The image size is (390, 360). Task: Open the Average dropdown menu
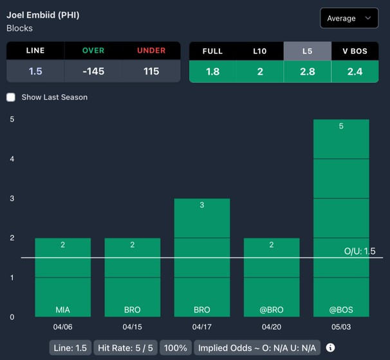tap(349, 18)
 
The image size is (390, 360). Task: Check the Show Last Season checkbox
tap(11, 97)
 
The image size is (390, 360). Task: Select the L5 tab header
tap(307, 51)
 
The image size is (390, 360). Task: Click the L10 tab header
tap(260, 51)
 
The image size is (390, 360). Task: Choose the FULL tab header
tap(212, 51)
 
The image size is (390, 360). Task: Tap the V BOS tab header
tap(355, 51)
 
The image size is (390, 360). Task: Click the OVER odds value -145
tap(93, 71)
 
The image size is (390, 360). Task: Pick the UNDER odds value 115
tap(151, 71)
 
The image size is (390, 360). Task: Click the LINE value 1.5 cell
tap(35, 71)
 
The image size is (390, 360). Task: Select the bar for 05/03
tap(341, 219)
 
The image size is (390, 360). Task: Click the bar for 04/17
tap(202, 257)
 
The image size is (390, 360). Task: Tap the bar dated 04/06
tap(62, 277)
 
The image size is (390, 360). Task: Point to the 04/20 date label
tap(272, 327)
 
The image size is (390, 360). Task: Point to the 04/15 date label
tap(132, 327)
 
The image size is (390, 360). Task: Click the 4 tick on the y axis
tap(12, 159)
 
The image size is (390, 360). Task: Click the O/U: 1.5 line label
tap(360, 251)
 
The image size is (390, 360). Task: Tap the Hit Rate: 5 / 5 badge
tap(125, 348)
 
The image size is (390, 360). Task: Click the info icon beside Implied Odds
tap(331, 348)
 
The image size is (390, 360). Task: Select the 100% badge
tap(175, 348)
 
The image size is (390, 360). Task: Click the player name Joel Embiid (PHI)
tap(43, 15)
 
